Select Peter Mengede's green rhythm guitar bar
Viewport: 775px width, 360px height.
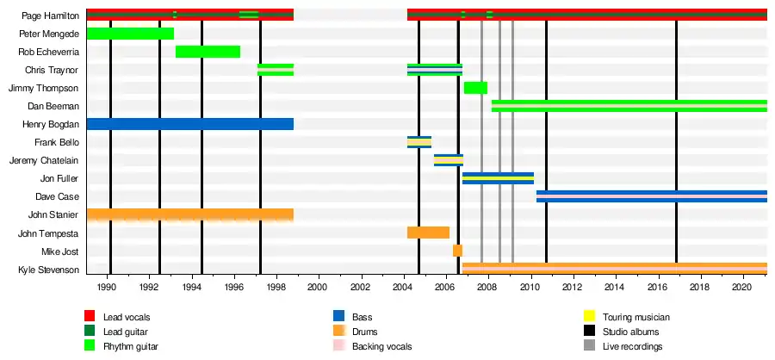(x=130, y=34)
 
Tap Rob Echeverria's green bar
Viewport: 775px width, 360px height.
(x=208, y=52)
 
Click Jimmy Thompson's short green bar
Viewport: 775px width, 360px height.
(x=475, y=88)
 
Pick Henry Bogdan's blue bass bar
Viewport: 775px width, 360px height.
(x=190, y=124)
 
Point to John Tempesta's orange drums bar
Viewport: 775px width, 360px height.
(x=428, y=233)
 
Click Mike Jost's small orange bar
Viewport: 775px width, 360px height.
(x=457, y=251)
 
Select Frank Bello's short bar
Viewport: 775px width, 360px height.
(x=419, y=142)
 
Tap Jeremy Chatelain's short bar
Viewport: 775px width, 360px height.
(x=449, y=160)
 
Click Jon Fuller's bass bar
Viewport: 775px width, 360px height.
(x=498, y=178)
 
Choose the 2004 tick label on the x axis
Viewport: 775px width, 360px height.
(x=403, y=285)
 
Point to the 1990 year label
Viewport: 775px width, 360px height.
(x=107, y=285)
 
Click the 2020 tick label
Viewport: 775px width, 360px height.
(x=742, y=285)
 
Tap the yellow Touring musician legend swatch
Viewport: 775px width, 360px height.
(x=590, y=317)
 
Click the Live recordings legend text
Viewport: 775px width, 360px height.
(x=633, y=346)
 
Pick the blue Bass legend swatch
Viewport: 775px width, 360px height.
(x=339, y=317)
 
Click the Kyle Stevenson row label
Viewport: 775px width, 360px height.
(x=48, y=270)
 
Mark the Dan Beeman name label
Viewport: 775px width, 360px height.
(x=53, y=106)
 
